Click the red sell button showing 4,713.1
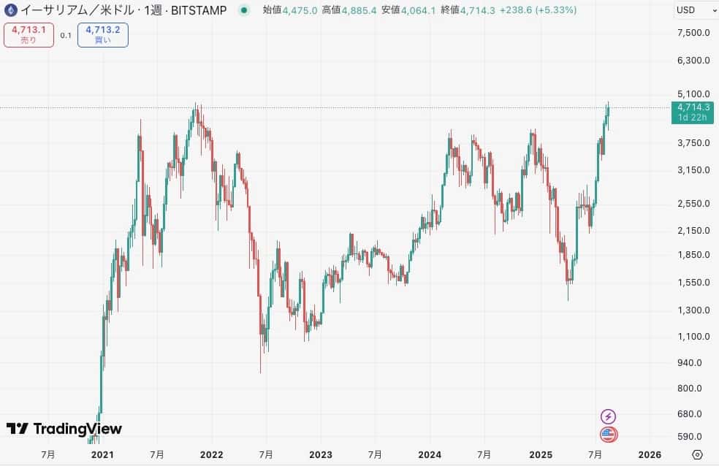click(x=28, y=35)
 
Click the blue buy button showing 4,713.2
click(x=102, y=35)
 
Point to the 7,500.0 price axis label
click(x=693, y=33)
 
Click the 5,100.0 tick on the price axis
click(x=693, y=94)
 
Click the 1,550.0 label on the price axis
click(x=693, y=283)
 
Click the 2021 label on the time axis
click(x=102, y=454)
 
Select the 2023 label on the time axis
click(x=321, y=454)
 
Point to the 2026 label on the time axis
click(x=650, y=454)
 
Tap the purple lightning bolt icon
click(x=608, y=416)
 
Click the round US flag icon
click(x=608, y=435)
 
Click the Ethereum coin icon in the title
click(x=11, y=10)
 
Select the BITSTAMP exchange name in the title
click(x=199, y=10)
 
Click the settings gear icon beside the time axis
click(x=697, y=454)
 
